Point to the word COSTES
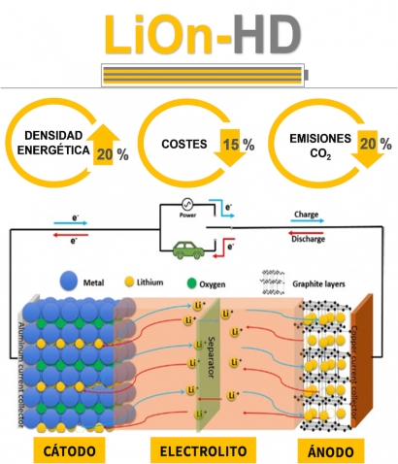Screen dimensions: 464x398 pos(185,146)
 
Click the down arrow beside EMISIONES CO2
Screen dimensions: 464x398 pos(366,148)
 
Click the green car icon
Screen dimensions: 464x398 pos(183,249)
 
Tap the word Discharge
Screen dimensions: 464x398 pos(307,239)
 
